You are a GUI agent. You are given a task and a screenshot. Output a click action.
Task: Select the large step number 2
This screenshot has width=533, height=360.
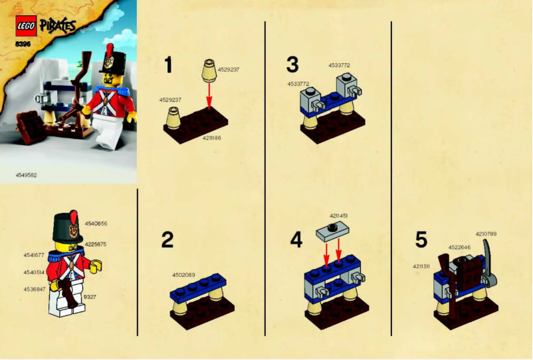167,240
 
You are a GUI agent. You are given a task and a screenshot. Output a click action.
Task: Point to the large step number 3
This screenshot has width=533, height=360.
292,64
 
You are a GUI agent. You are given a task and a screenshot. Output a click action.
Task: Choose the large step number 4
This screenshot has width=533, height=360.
296,240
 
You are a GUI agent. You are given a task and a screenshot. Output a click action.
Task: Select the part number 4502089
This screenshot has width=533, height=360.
184,275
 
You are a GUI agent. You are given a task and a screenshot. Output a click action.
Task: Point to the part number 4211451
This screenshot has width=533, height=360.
339,217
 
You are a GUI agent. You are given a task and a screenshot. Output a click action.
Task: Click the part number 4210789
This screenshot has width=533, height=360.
486,233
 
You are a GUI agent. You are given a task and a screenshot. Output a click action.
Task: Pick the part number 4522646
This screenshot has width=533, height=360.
459,248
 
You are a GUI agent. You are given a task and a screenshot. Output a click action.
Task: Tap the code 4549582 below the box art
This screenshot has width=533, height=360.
27,175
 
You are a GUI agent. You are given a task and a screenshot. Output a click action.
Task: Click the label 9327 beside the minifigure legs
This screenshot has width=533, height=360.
90,296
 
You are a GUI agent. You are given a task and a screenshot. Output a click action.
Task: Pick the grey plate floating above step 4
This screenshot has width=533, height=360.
331,230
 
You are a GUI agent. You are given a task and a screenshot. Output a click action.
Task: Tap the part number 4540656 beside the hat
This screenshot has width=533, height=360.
96,224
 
